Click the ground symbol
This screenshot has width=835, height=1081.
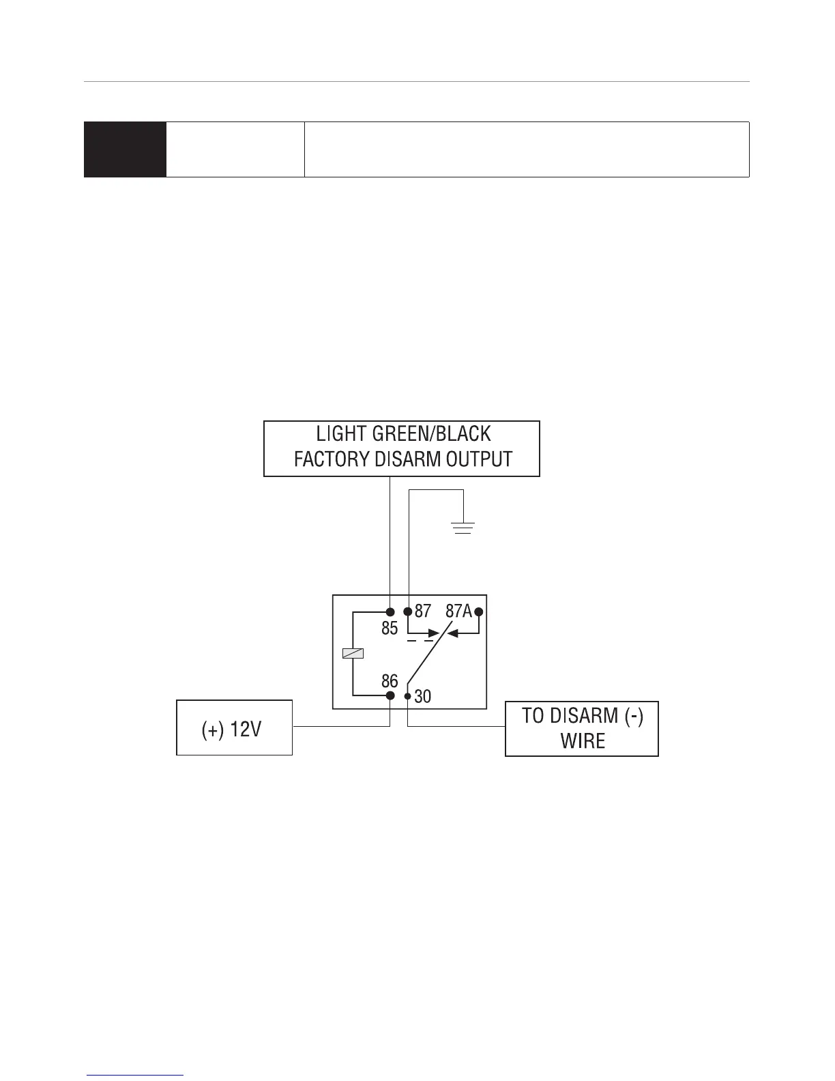pyautogui.click(x=463, y=528)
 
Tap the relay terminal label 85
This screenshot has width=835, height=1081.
pyautogui.click(x=390, y=628)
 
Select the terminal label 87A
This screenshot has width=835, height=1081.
pyautogui.click(x=458, y=611)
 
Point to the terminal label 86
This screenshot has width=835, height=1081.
pyautogui.click(x=390, y=680)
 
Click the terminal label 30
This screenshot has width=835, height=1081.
pyautogui.click(x=423, y=696)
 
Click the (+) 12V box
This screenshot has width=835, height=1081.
pyautogui.click(x=234, y=727)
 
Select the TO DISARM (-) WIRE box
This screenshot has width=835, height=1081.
pyautogui.click(x=582, y=728)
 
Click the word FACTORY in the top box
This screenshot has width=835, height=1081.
pyautogui.click(x=332, y=459)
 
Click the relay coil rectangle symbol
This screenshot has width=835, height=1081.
pyautogui.click(x=353, y=653)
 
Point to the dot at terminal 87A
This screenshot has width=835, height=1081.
pyautogui.click(x=479, y=611)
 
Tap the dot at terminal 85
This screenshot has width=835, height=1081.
pyautogui.click(x=390, y=611)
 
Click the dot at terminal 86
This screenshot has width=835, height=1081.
pyautogui.click(x=390, y=695)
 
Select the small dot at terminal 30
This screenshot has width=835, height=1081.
pyautogui.click(x=408, y=696)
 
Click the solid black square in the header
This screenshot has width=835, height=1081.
pyautogui.click(x=125, y=149)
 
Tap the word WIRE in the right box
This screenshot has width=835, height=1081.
pyautogui.click(x=583, y=741)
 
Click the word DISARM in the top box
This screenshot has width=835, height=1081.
pyautogui.click(x=408, y=459)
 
